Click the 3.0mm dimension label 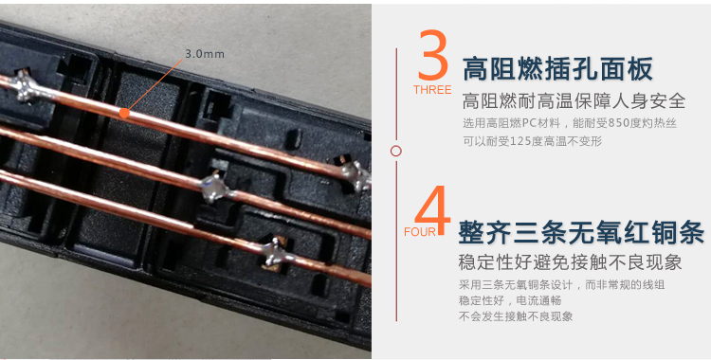(205, 53)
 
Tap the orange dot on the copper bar (124, 112)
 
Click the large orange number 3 (433, 55)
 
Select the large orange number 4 (432, 210)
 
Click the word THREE (432, 90)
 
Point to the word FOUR (419, 232)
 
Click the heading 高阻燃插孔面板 (557, 69)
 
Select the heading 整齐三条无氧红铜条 (581, 232)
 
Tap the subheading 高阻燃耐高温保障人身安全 (574, 101)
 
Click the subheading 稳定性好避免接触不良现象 (570, 262)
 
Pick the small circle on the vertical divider (396, 151)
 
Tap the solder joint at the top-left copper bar (28, 88)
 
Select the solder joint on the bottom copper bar (276, 253)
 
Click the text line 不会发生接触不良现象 (516, 316)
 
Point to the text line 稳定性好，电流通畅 (510, 300)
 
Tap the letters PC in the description (529, 123)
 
